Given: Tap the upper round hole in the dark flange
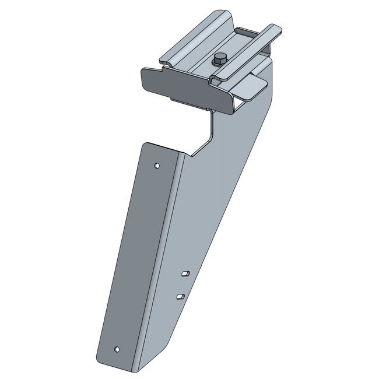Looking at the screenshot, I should (156, 166).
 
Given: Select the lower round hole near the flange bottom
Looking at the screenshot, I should (117, 349).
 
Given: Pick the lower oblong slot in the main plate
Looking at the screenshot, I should (180, 297).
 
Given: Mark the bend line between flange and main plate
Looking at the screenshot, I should (166, 245).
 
